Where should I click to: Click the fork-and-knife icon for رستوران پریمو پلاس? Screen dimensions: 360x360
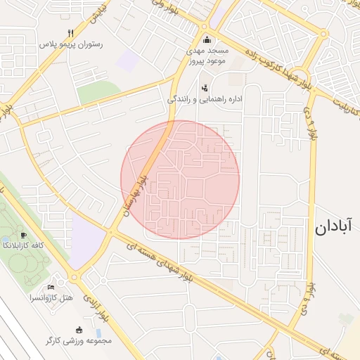tap(70, 33)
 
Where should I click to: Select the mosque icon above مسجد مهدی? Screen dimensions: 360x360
tap(206, 39)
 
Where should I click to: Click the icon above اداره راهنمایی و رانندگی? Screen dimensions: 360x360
tap(205, 88)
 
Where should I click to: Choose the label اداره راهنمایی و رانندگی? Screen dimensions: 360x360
tap(205, 99)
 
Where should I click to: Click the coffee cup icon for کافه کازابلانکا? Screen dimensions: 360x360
tap(25, 236)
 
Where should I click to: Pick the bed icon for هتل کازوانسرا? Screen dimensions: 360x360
tap(50, 288)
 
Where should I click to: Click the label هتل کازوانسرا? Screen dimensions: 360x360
tap(51, 298)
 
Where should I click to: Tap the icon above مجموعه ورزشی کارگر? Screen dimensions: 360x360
tap(79, 330)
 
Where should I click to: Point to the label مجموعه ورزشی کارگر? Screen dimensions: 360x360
tap(78, 340)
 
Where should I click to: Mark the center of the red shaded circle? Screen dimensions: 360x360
tap(180, 179)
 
